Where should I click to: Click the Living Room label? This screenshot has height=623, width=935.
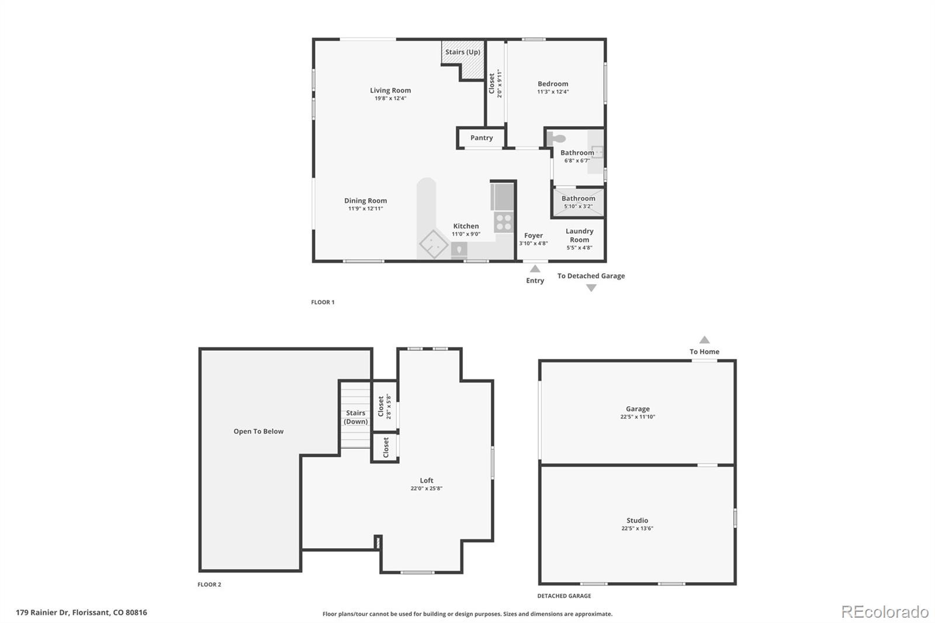tap(390, 91)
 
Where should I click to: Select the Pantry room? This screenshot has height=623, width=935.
tap(482, 138)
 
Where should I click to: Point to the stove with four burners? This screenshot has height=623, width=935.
tap(504, 222)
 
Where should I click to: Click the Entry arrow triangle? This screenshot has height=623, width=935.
tap(535, 269)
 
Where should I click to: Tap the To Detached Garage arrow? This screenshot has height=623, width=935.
tap(591, 288)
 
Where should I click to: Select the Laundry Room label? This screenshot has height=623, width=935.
tap(579, 236)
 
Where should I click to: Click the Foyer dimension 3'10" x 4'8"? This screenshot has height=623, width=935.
tap(534, 244)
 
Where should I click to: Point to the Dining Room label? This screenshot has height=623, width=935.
tap(365, 201)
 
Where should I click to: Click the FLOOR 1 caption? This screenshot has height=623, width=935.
tap(323, 302)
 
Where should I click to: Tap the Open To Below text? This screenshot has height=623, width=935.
tap(258, 431)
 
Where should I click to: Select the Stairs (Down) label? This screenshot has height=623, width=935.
tap(355, 417)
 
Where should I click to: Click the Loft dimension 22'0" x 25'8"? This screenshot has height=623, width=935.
tap(427, 489)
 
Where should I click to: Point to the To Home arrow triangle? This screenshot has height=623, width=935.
tap(705, 340)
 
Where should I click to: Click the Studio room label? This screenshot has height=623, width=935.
tap(637, 520)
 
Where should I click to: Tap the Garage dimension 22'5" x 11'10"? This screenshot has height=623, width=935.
tap(638, 417)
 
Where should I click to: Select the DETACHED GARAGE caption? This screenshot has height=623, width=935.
tap(564, 596)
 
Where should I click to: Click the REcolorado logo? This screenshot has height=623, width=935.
tap(885, 612)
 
